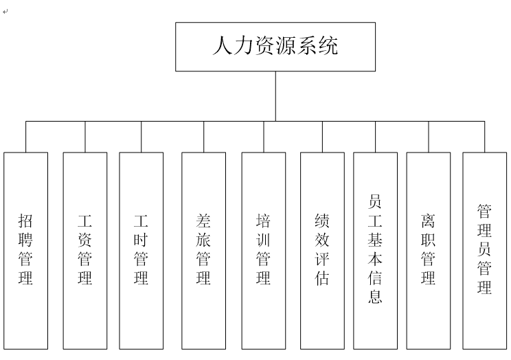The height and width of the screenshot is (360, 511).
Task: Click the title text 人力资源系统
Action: click(x=275, y=45)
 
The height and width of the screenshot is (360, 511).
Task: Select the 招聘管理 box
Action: click(x=25, y=251)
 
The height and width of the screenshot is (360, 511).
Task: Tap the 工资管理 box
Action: click(x=85, y=251)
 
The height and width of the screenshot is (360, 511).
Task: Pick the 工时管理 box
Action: click(x=141, y=251)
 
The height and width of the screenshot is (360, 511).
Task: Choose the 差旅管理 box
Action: click(x=204, y=251)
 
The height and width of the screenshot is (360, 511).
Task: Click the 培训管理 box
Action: click(x=264, y=251)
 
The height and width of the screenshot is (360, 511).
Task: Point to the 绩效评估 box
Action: click(x=322, y=251)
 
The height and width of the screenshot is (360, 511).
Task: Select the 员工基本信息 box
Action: click(x=376, y=251)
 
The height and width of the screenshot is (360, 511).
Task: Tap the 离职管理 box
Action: click(x=429, y=251)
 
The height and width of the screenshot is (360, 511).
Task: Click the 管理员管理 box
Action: click(x=485, y=251)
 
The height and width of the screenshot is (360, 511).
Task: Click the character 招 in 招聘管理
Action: click(x=25, y=221)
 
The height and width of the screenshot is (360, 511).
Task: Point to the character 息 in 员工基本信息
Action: click(x=375, y=296)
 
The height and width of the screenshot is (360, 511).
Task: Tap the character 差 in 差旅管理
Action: click(x=203, y=221)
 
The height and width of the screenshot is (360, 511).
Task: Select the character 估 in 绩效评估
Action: click(x=322, y=278)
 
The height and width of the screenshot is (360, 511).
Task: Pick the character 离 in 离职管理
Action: click(x=428, y=221)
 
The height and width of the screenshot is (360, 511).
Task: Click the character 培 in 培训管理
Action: click(x=263, y=221)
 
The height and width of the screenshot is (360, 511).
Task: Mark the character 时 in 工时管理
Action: click(x=141, y=240)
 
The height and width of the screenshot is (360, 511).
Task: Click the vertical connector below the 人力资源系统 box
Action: click(x=275, y=96)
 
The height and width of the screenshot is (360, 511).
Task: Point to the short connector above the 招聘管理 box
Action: click(x=25, y=137)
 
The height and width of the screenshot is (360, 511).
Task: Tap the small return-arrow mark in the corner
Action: click(x=5, y=12)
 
